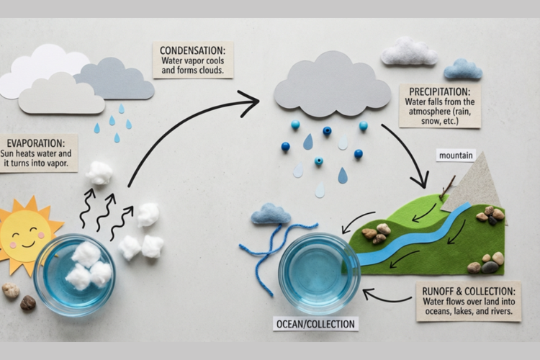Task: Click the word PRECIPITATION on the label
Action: click(x=438, y=92)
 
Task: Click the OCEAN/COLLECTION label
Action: click(x=315, y=324)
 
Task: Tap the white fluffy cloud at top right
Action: click(x=409, y=52)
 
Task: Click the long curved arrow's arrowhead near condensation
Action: click(x=251, y=103)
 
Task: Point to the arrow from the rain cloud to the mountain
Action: click(x=407, y=155)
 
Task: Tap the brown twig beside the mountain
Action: click(x=447, y=187)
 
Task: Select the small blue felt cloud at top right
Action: click(x=463, y=70)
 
